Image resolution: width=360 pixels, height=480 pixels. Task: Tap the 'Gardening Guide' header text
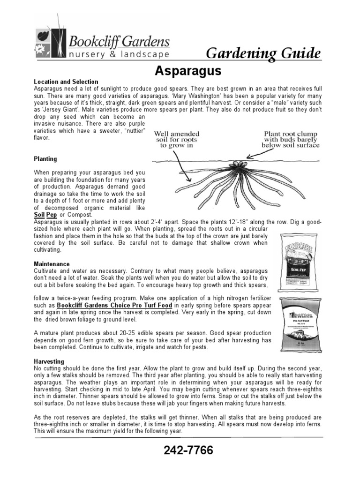tap(264, 53)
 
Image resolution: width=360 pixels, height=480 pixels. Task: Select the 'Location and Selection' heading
tap(66, 82)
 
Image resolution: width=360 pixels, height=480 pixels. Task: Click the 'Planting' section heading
tap(45, 159)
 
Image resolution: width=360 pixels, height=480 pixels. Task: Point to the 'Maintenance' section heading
tap(52, 264)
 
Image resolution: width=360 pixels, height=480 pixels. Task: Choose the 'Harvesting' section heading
tap(49, 362)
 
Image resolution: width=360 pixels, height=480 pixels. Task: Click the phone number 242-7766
tap(188, 451)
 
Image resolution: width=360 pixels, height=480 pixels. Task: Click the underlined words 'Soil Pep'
tap(45, 215)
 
